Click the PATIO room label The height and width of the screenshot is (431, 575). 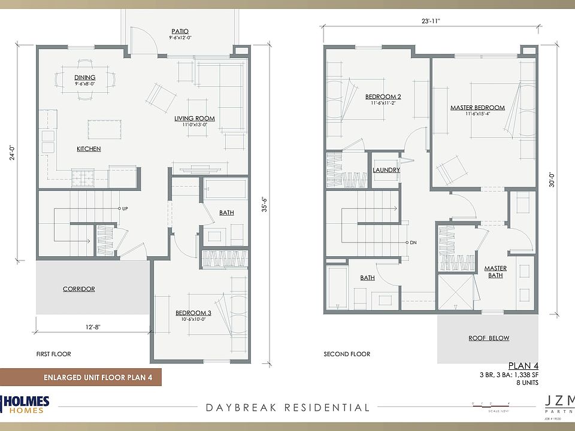tap(180, 31)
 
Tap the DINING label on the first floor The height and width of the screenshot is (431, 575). tap(85, 78)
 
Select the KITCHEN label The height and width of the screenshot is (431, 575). tap(88, 148)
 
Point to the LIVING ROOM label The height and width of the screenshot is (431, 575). tap(195, 119)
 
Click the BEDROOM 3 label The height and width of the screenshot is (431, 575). tap(193, 313)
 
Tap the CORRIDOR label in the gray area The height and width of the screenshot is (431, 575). tap(79, 289)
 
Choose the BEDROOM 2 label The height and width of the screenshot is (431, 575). tap(383, 96)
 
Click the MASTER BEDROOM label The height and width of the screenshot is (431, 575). tap(477, 108)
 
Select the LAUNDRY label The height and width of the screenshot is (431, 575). tap(386, 170)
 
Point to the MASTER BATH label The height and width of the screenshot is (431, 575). tap(495, 272)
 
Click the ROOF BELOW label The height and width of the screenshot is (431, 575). tap(489, 338)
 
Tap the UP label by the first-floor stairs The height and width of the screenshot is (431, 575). tap(125, 209)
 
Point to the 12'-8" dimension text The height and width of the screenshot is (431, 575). tap(93, 327)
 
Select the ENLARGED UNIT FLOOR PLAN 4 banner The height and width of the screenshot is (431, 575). tap(81, 378)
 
